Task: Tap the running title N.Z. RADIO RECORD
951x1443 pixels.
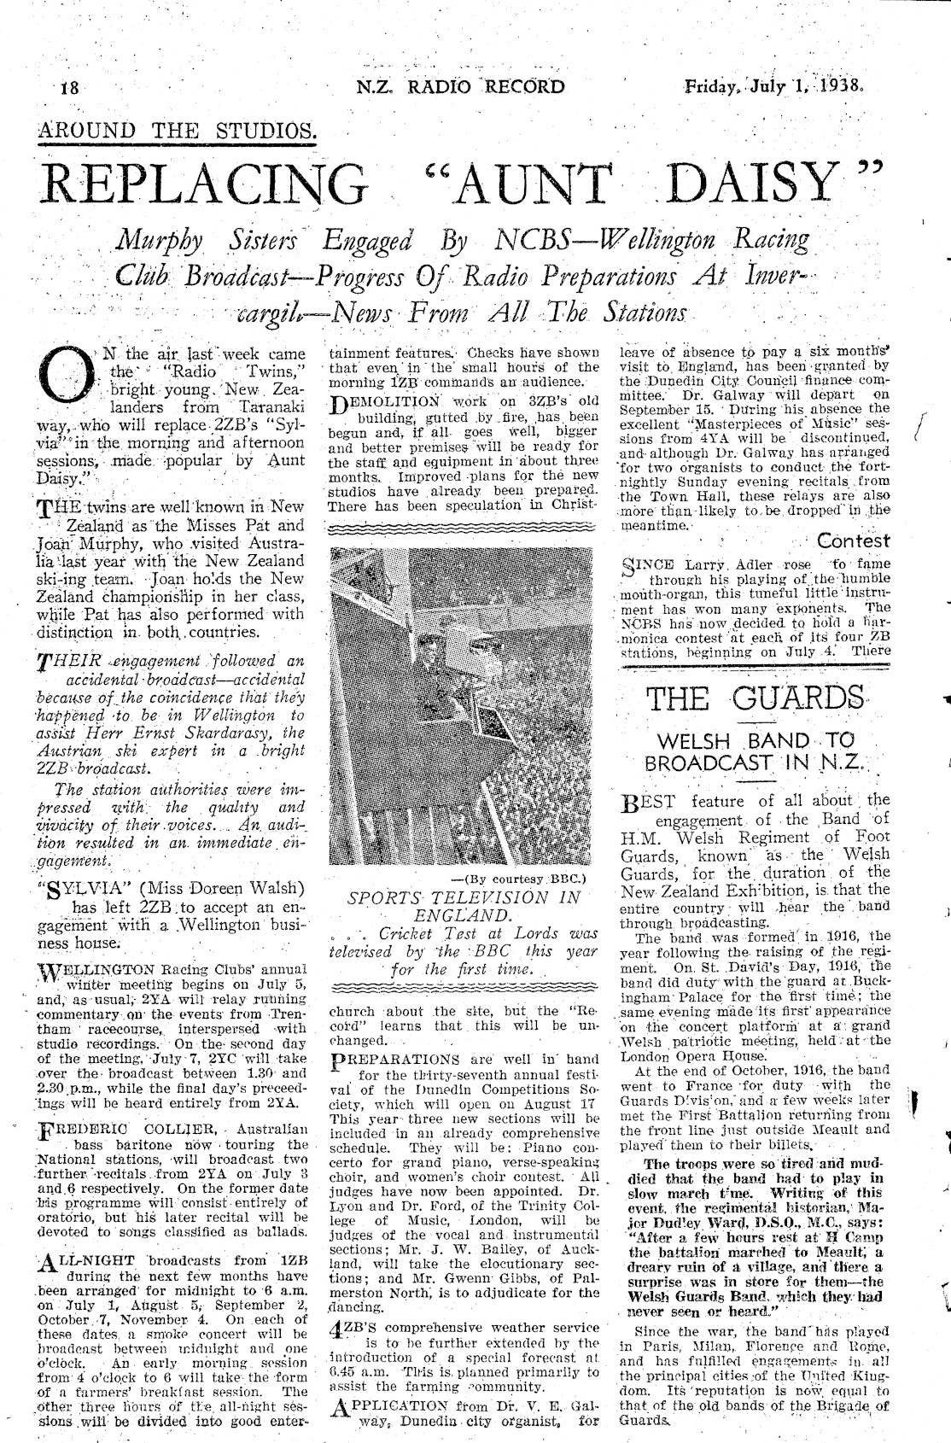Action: click(462, 86)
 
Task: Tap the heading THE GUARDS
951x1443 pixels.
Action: click(755, 697)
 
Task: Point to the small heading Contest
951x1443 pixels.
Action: click(853, 540)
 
